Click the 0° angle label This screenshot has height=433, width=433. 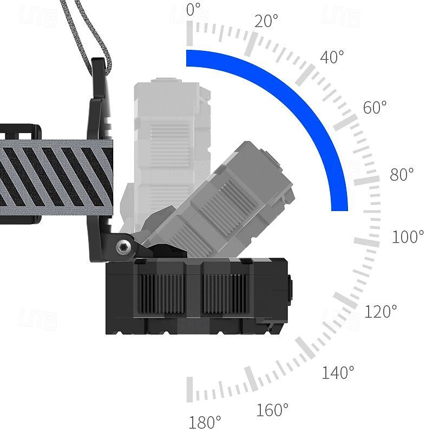(193, 10)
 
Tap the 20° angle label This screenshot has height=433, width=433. (266, 21)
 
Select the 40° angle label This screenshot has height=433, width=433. (332, 57)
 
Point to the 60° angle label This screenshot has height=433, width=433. (375, 107)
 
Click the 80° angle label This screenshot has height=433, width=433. (402, 174)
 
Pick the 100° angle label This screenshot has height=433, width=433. (408, 237)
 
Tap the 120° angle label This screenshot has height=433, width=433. (381, 311)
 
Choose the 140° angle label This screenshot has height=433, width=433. (338, 372)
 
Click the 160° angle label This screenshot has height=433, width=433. (272, 410)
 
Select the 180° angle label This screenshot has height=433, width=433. (205, 422)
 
